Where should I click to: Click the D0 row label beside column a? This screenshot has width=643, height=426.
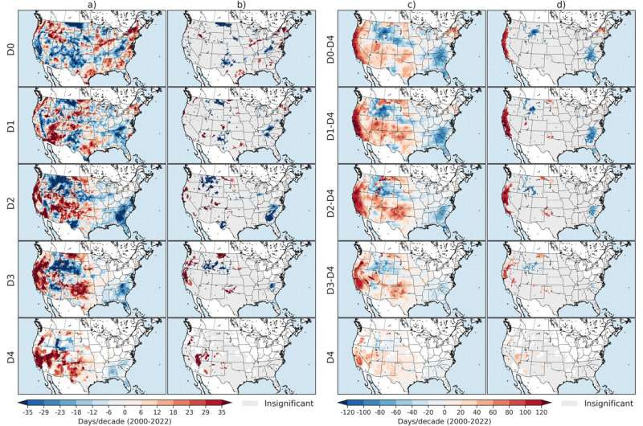coord(10,47)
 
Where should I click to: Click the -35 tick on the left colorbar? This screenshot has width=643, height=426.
coord(27,408)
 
